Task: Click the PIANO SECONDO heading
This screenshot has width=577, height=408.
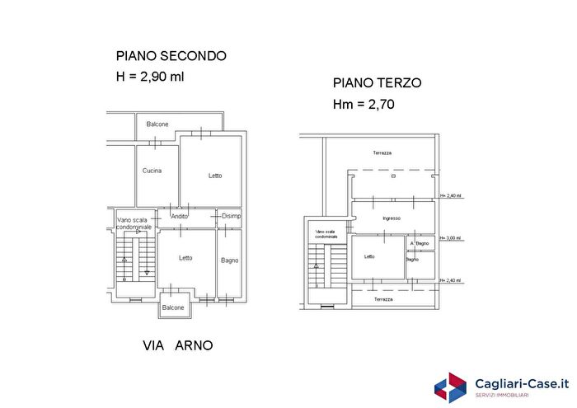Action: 171,56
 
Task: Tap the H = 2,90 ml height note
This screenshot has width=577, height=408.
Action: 149,77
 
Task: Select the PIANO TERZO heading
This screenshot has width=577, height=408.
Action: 378,83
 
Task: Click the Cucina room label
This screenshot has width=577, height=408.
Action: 152,171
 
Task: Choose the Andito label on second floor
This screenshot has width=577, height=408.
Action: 179,216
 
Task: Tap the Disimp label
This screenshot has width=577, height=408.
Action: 231,216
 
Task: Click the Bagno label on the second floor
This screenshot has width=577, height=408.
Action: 230,260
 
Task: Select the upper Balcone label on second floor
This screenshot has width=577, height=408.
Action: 157,124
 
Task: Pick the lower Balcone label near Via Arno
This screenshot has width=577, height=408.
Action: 173,307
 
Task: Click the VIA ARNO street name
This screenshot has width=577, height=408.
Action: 177,345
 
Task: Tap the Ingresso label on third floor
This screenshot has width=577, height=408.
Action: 392,218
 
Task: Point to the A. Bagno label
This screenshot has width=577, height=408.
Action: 420,243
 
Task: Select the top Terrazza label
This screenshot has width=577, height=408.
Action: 382,153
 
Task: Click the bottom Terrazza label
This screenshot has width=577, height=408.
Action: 382,299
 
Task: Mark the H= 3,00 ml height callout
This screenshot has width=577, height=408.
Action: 451,238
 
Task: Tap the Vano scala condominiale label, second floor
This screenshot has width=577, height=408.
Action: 134,223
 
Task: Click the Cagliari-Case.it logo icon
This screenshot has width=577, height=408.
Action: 451,387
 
